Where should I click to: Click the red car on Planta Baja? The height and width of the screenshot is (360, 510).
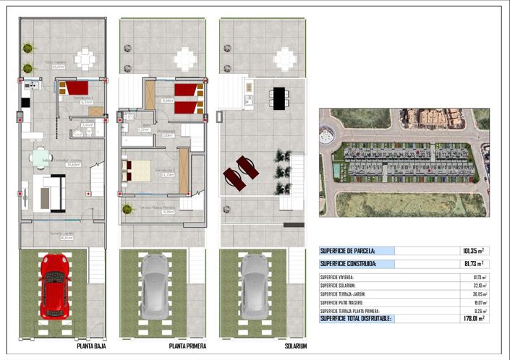click(54, 286)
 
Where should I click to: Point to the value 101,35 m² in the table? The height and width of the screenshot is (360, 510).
click(472, 252)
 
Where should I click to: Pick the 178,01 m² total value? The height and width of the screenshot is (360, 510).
click(472, 318)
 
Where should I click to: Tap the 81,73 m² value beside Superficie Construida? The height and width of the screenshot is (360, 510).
click(472, 264)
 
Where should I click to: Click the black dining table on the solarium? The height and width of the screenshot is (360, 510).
click(279, 98)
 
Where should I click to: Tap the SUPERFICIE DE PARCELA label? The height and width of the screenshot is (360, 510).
click(347, 252)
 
